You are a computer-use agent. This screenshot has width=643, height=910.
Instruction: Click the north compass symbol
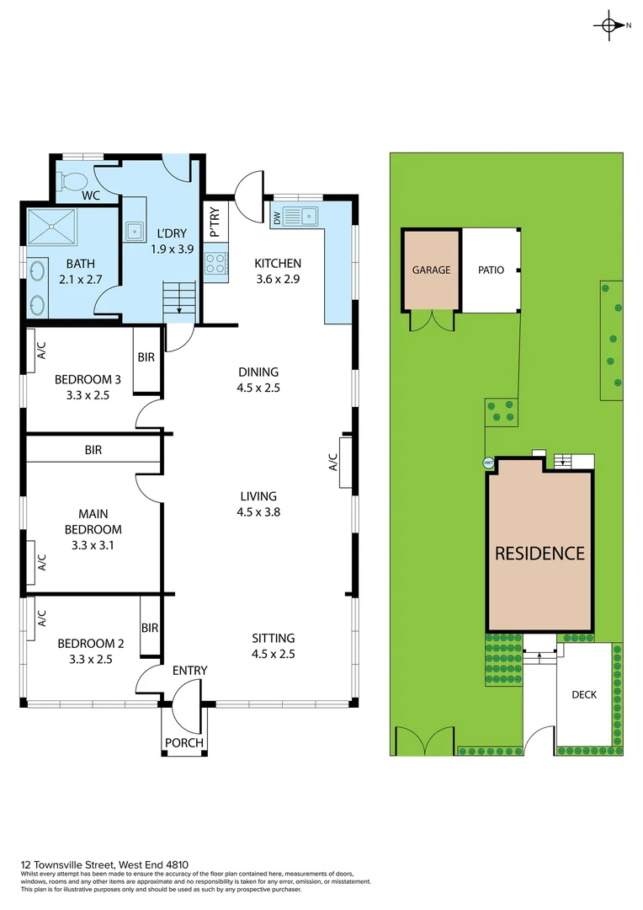coord(610,25)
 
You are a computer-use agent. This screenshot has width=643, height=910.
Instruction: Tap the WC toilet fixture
coord(74,180)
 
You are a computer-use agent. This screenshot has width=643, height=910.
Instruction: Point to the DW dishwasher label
coord(277,217)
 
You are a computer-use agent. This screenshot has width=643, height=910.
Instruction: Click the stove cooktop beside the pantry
coord(215,264)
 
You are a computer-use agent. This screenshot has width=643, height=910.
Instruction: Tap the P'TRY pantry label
coord(215,222)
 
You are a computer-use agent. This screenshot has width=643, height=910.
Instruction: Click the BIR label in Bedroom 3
coord(146,357)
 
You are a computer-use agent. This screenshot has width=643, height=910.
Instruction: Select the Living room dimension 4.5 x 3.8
coord(258,511)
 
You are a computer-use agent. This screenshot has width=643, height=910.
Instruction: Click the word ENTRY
coord(189,671)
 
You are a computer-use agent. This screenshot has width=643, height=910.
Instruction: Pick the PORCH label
coord(183,742)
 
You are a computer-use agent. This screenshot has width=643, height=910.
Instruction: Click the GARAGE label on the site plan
coord(431,270)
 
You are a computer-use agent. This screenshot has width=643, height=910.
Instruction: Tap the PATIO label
coord(491,270)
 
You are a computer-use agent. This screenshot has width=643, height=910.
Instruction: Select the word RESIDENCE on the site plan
coord(539,554)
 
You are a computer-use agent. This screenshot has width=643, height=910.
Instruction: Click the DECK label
coord(583,695)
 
